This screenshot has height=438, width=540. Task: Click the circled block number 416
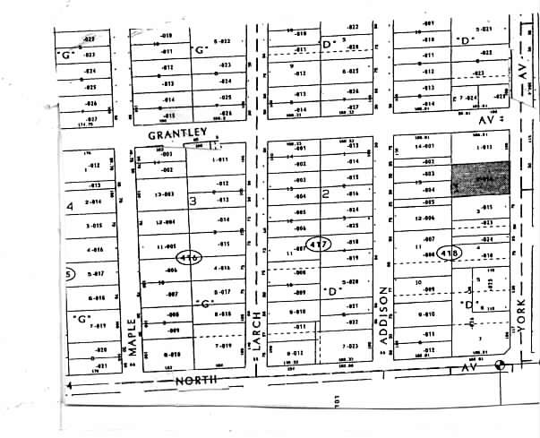pos(188,256)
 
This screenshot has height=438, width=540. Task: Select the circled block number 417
pos(317,243)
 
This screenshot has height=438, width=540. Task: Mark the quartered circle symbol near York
pos(500,366)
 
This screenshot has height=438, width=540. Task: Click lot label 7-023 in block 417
pos(349,345)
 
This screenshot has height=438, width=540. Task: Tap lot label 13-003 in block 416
pos(164,193)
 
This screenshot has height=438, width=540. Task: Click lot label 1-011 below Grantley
pos(221,159)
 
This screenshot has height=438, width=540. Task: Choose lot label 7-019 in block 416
pos(221,345)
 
